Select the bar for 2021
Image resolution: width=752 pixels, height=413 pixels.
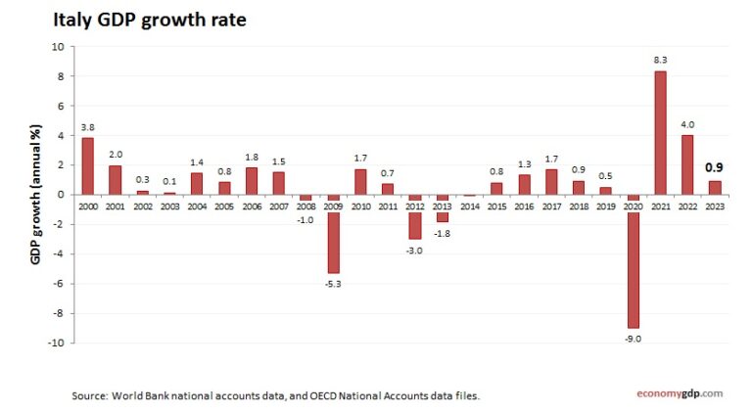[x=660, y=132]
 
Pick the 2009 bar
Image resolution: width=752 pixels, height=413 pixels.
[x=334, y=234]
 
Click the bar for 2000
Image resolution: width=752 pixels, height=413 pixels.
[x=88, y=165]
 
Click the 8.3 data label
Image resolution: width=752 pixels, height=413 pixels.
[x=660, y=60]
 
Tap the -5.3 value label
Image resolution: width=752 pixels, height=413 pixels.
[x=334, y=283]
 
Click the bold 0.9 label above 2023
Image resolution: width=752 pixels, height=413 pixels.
[x=715, y=167]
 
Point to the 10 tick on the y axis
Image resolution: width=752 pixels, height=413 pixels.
[x=57, y=46]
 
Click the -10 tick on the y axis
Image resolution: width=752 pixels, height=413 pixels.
[x=55, y=344]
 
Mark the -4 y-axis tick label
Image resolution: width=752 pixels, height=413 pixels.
[x=58, y=254]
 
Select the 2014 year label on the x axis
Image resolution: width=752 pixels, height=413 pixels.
[x=470, y=206]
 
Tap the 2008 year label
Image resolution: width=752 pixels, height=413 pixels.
[x=306, y=206]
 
